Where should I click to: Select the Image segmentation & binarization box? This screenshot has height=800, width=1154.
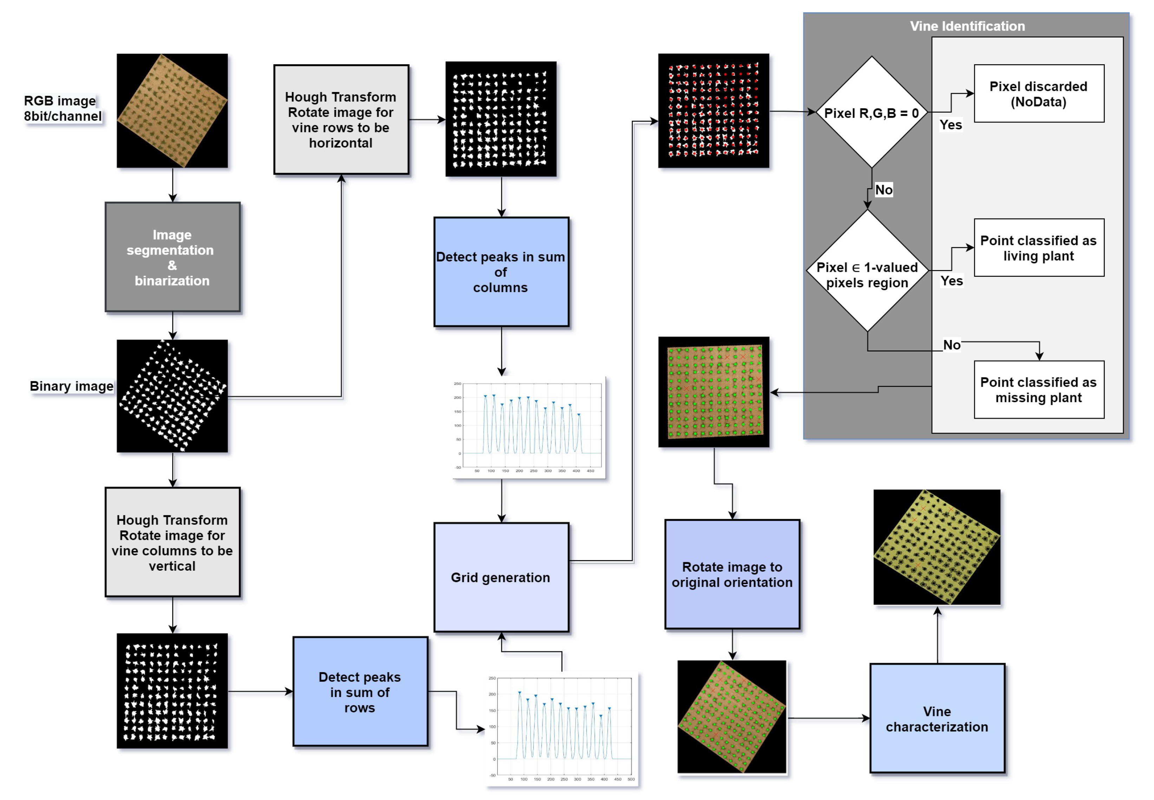pyautogui.click(x=172, y=257)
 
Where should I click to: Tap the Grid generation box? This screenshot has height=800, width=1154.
pyautogui.click(x=501, y=577)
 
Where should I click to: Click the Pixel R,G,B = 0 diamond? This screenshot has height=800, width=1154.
pyautogui.click(x=871, y=112)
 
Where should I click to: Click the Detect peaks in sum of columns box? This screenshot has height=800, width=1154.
pyautogui.click(x=501, y=272)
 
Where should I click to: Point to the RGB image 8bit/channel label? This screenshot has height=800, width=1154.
pyautogui.click(x=62, y=108)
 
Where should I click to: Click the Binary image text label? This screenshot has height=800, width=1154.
pyautogui.click(x=71, y=386)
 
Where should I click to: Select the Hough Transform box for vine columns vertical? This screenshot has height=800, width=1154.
pyautogui.click(x=172, y=542)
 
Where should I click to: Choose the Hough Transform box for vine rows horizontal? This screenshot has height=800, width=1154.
pyautogui.click(x=341, y=119)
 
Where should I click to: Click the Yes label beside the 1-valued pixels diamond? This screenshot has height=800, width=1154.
pyautogui.click(x=951, y=281)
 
